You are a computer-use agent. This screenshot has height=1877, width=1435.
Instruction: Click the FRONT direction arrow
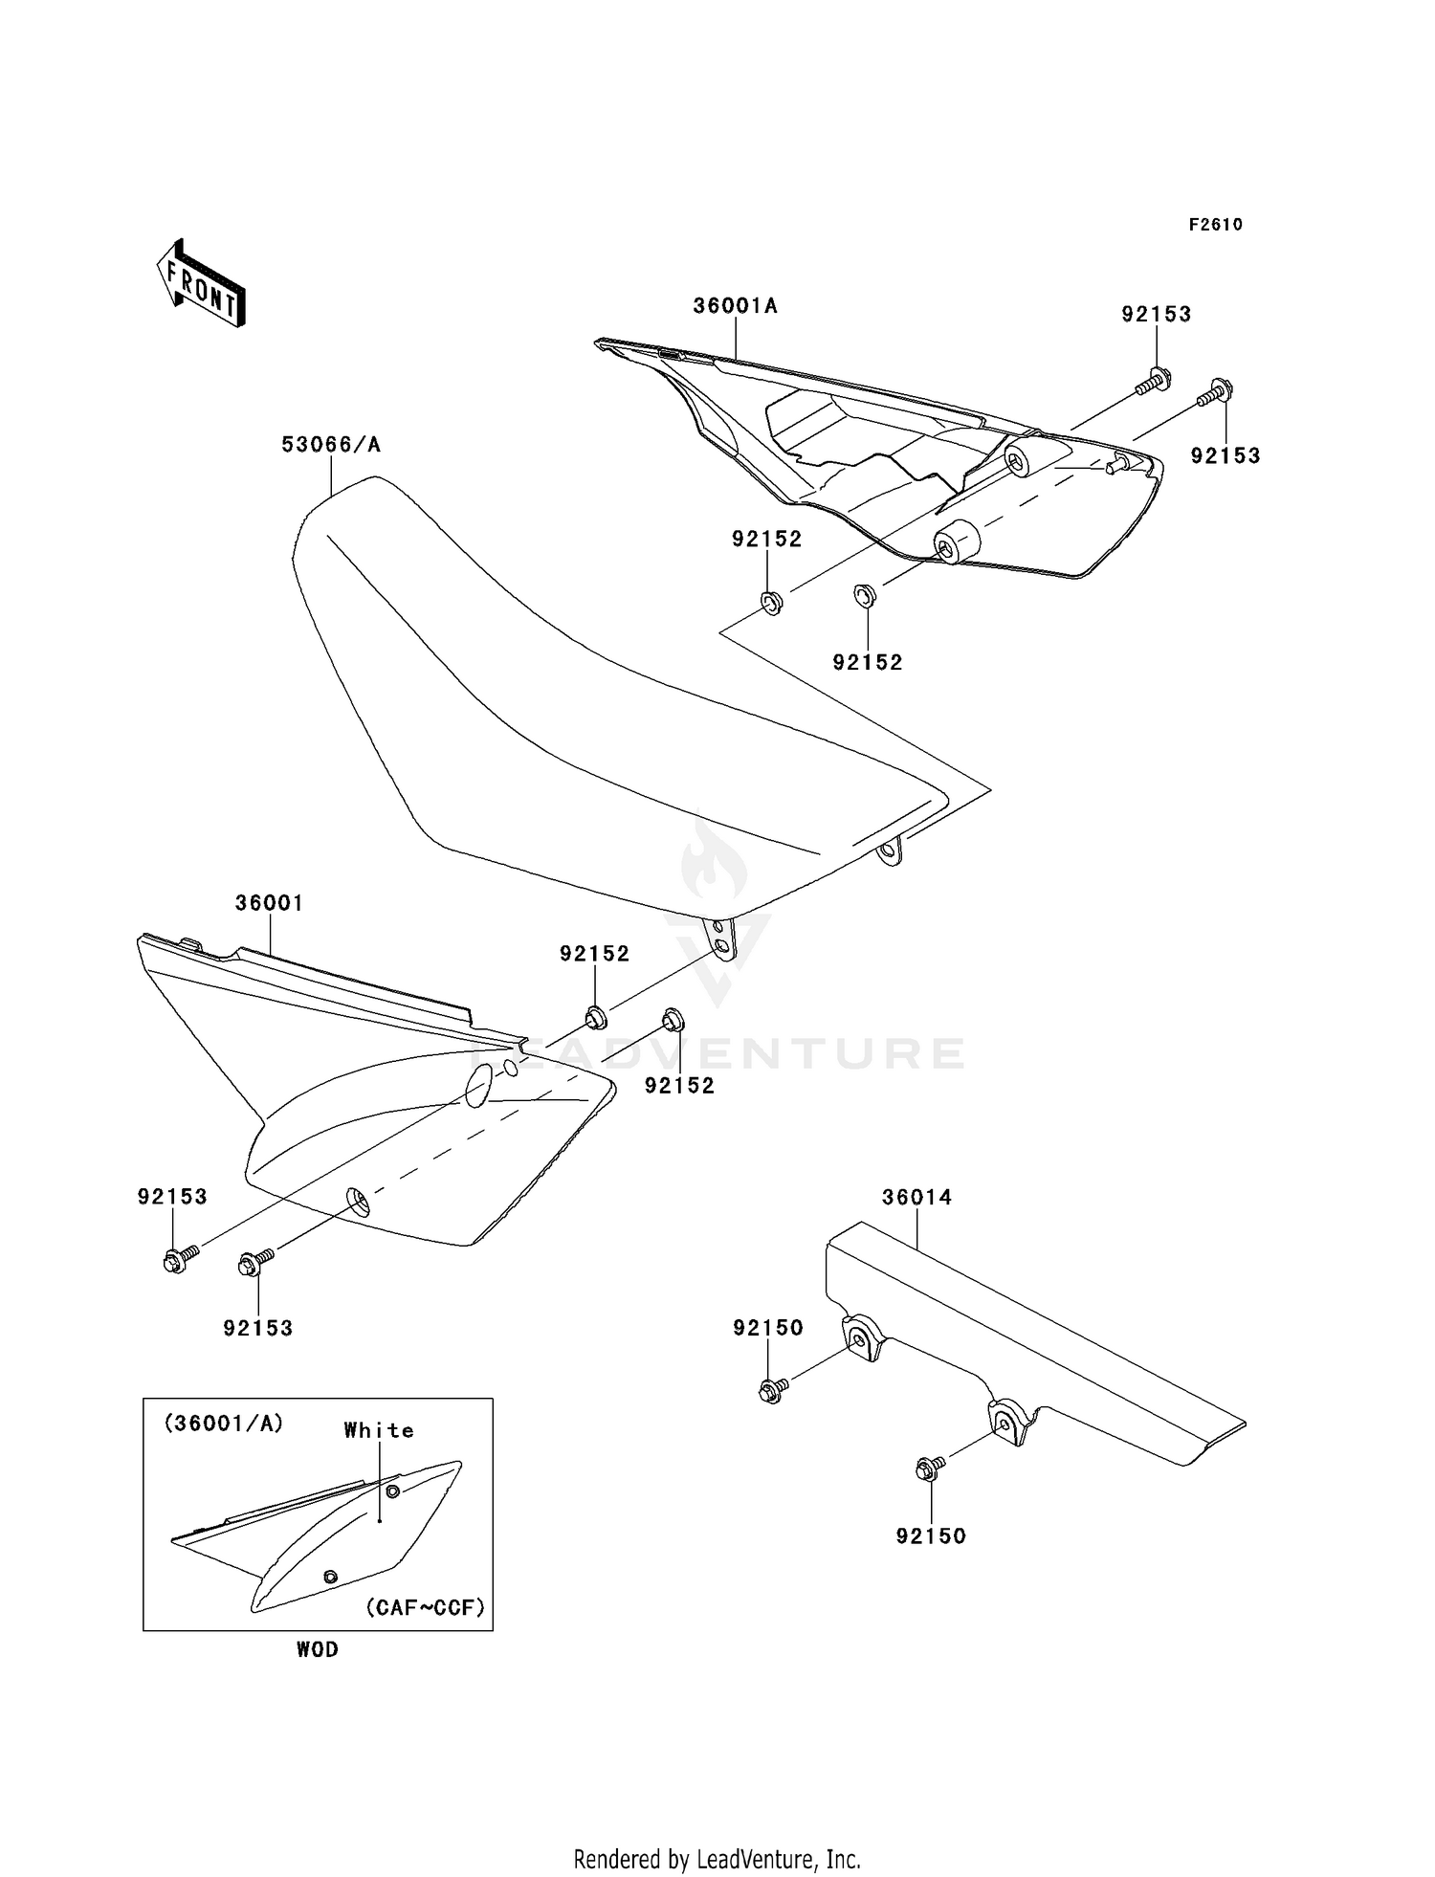tap(201, 285)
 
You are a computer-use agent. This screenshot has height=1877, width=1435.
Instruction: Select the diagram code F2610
tap(1215, 225)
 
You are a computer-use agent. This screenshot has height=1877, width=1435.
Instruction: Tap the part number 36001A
tap(735, 306)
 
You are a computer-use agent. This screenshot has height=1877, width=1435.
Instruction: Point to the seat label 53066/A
tap(330, 445)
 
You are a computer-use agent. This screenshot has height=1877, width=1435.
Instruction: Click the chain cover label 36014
tap(916, 1197)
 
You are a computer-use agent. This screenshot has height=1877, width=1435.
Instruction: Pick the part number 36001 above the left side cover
tap(269, 903)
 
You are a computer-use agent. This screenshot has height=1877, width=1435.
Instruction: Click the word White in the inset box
tap(379, 1430)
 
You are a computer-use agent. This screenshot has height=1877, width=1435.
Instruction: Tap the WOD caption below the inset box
tap(317, 1649)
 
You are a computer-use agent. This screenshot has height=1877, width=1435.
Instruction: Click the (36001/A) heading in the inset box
tap(224, 1424)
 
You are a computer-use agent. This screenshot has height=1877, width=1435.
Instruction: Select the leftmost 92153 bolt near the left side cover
tap(177, 1260)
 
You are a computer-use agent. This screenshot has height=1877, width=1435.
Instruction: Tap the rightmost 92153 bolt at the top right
tap(1218, 392)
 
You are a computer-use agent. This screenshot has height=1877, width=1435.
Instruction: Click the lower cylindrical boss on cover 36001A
tap(955, 543)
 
